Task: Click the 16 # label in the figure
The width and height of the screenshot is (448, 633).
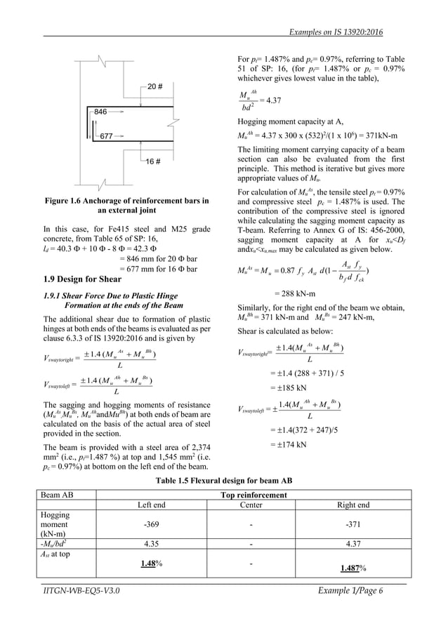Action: tap(155, 162)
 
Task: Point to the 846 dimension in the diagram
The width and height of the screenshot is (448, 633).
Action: tap(100, 112)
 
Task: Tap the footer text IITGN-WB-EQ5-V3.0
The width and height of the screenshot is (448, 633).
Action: tap(80, 591)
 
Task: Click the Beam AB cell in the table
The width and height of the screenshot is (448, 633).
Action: tap(58, 495)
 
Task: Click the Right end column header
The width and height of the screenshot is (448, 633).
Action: tap(353, 505)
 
